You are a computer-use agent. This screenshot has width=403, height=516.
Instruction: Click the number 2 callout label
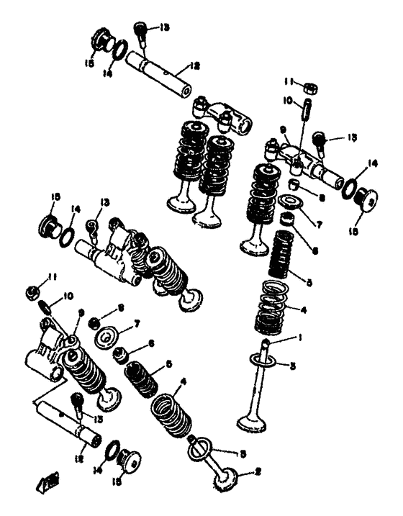[249, 474]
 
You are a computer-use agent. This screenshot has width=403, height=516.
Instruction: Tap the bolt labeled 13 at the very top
[141, 30]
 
